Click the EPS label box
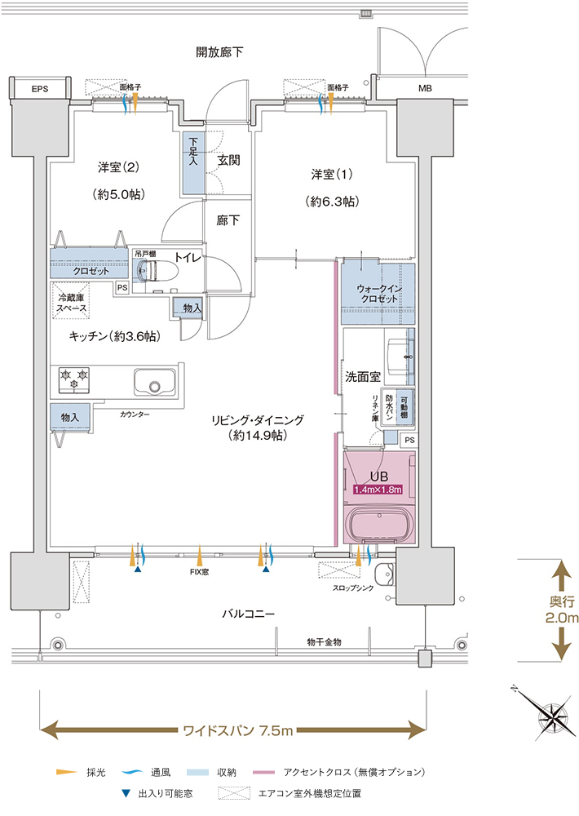point(40,88)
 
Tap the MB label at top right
point(425,88)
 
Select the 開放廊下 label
point(220,53)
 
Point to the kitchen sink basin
point(155,384)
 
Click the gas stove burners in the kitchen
point(72,380)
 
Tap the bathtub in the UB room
point(381,524)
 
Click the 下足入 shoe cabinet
point(193,163)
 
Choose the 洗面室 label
point(363,378)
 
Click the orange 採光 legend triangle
point(65,771)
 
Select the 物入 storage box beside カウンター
point(70,417)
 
